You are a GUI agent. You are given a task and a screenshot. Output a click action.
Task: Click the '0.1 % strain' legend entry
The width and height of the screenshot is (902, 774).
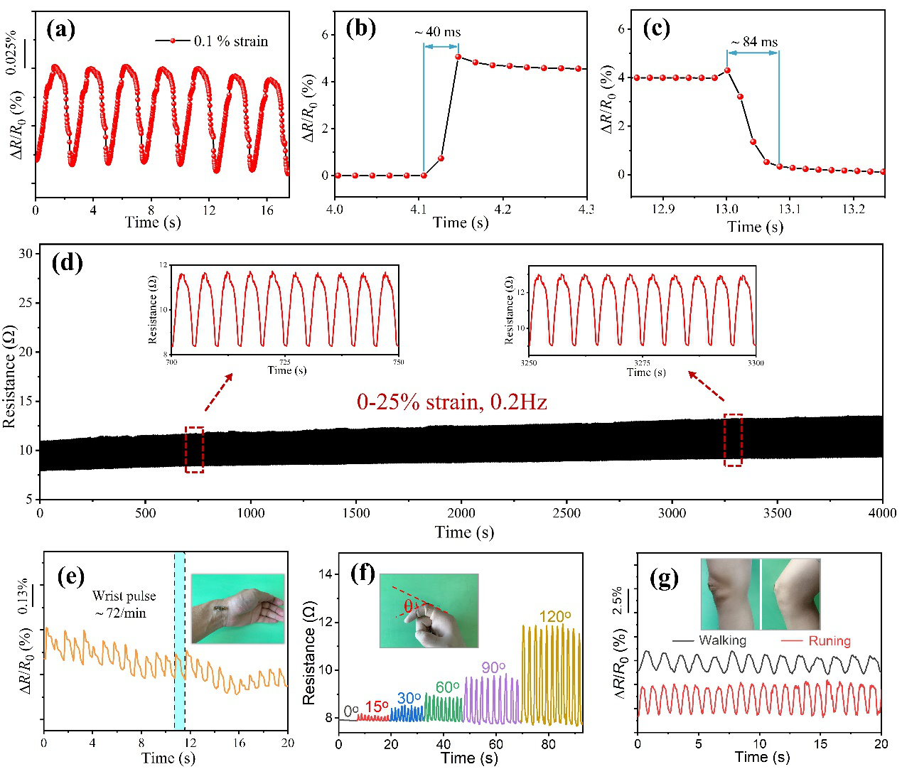pyautogui.click(x=230, y=41)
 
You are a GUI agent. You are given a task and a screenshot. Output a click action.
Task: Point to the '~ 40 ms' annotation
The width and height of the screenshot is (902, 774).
pyautogui.click(x=438, y=32)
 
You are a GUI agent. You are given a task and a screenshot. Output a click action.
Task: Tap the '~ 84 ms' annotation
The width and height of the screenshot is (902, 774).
pyautogui.click(x=755, y=42)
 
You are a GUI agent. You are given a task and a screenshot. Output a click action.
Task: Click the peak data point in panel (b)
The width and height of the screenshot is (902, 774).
pyautogui.click(x=458, y=57)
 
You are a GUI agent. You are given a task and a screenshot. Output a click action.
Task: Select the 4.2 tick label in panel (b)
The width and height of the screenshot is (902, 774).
pyautogui.click(x=503, y=210)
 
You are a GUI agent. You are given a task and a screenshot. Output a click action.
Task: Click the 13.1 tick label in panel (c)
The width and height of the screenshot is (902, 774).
pyautogui.click(x=789, y=210)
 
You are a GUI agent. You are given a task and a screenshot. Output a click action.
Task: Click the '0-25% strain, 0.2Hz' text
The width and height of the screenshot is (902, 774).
pyautogui.click(x=452, y=402)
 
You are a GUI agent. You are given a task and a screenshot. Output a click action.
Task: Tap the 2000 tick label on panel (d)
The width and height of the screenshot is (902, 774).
pyautogui.click(x=461, y=513)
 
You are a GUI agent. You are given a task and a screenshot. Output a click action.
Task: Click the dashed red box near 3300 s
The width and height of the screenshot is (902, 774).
pyautogui.click(x=733, y=440)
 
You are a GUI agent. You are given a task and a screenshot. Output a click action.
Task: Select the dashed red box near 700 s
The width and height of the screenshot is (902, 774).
pyautogui.click(x=194, y=449)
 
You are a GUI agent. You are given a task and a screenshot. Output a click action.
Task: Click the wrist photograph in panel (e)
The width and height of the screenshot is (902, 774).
pyautogui.click(x=237, y=609)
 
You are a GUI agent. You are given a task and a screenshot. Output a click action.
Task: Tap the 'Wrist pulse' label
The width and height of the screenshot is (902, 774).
pyautogui.click(x=124, y=596)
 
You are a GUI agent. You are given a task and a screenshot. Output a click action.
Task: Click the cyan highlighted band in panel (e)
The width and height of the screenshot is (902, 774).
pyautogui.click(x=180, y=640)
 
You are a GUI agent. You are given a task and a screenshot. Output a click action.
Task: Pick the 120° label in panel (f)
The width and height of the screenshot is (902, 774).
pyautogui.click(x=554, y=617)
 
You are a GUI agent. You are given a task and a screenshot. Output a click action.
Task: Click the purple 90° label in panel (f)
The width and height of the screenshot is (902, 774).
pyautogui.click(x=493, y=667)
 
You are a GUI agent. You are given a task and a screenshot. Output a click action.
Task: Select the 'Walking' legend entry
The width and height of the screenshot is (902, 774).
pyautogui.click(x=722, y=640)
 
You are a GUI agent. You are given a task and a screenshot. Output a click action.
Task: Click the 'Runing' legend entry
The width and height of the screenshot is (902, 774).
pyautogui.click(x=829, y=641)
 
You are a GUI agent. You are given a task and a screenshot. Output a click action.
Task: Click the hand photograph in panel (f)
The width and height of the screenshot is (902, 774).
pyautogui.click(x=429, y=611)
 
